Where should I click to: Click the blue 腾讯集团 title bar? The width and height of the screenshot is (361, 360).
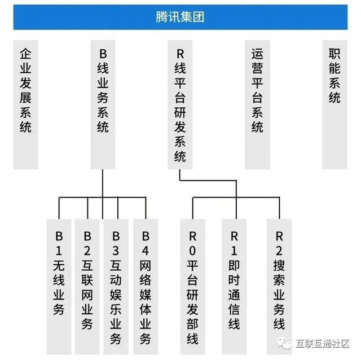(x=180, y=17)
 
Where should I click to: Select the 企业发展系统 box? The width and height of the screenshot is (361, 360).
(x=25, y=104)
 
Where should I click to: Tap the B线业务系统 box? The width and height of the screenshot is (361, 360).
(x=103, y=104)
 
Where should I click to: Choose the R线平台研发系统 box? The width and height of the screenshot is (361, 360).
(x=180, y=104)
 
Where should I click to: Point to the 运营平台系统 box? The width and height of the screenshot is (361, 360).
(x=258, y=104)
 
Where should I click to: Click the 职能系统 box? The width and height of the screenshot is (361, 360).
(x=335, y=104)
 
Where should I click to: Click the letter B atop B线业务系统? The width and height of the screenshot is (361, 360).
(x=103, y=55)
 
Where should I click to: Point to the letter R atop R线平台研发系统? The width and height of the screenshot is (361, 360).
(x=180, y=55)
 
